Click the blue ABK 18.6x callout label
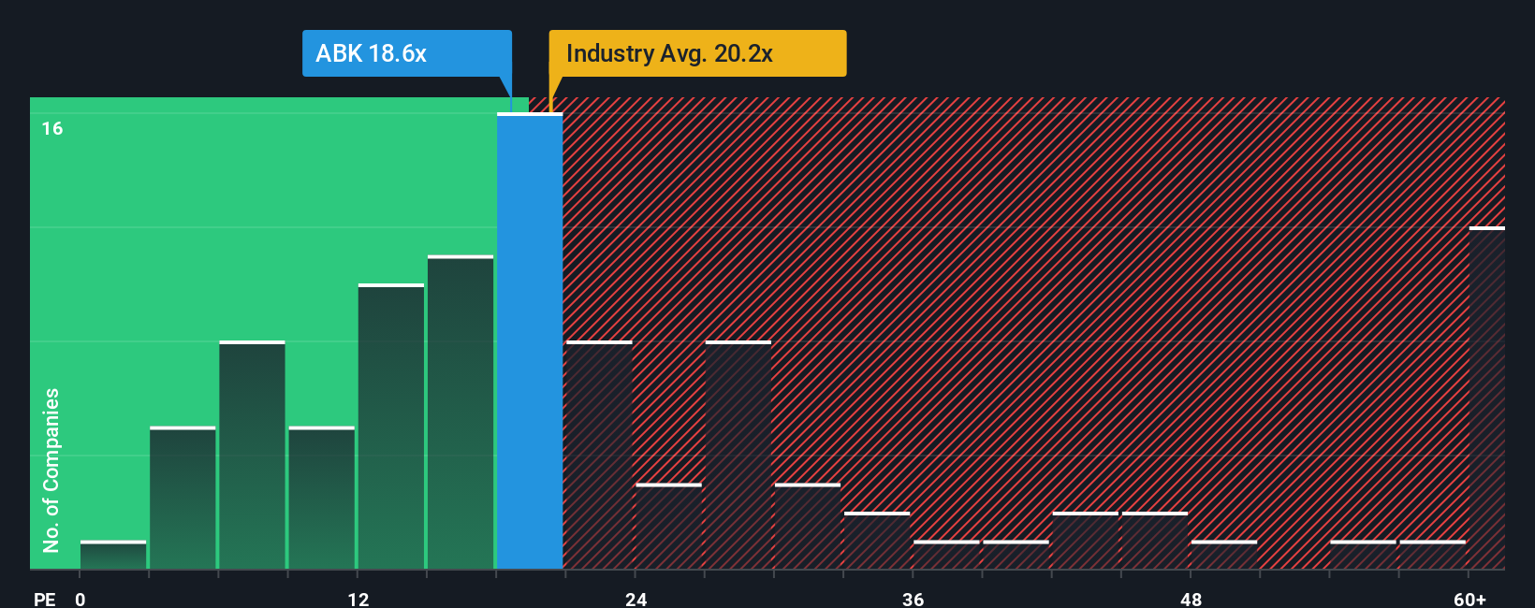pyautogui.click(x=406, y=53)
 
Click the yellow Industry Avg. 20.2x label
pyautogui.click(x=696, y=53)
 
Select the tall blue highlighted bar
pyautogui.click(x=530, y=341)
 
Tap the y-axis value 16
pyautogui.click(x=52, y=129)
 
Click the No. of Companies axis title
pyautogui.click(x=51, y=470)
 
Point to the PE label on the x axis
pyautogui.click(x=44, y=599)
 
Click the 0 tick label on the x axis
pyautogui.click(x=80, y=599)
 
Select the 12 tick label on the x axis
pyautogui.click(x=358, y=599)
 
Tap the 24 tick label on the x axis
pyautogui.click(x=636, y=599)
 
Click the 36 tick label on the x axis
pyautogui.click(x=914, y=599)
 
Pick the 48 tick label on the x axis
pyautogui.click(x=1191, y=599)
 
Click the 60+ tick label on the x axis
pyautogui.click(x=1469, y=599)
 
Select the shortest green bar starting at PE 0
pyautogui.click(x=113, y=556)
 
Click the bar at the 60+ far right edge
pyautogui.click(x=1486, y=398)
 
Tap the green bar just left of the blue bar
pyautogui.click(x=460, y=413)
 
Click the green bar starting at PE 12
pyautogui.click(x=391, y=427)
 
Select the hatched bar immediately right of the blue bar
pyautogui.click(x=599, y=456)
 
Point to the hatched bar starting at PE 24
pyautogui.click(x=668, y=527)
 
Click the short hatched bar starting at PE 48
pyautogui.click(x=1224, y=556)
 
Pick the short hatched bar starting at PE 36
pyautogui.click(x=946, y=556)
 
